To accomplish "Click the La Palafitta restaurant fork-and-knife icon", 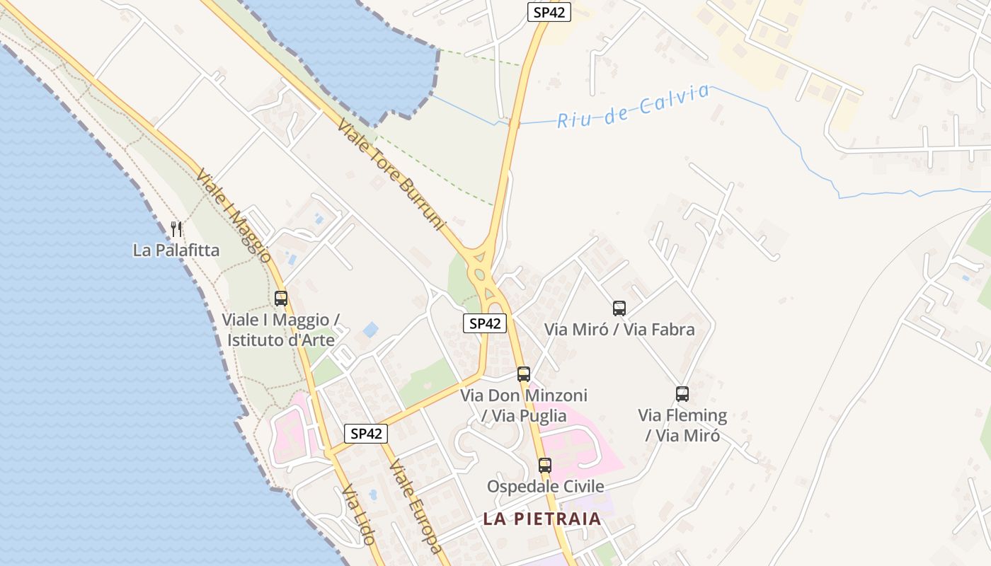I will pos(176,229).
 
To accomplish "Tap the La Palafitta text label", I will pos(176,250).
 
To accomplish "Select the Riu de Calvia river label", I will pos(633,106).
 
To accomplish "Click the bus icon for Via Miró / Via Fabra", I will pos(619,308).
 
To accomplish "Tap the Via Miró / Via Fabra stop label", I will pos(619,330).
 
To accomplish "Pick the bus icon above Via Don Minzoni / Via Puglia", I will pos(524,374).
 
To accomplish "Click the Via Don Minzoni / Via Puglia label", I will pos(524,405).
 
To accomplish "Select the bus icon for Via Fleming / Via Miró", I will pos(682,394).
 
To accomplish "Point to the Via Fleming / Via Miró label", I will pos(682,425).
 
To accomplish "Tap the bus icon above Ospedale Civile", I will pos(545,465).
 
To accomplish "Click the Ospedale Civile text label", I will pos(545,487).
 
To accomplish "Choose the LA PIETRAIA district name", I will pos(542,519).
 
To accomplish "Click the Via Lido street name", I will pos(357,514).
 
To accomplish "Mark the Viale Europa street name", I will pos(416,507).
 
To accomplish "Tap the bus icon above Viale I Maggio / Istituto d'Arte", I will pos(281,299).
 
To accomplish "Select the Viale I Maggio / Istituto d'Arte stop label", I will pos(281,330).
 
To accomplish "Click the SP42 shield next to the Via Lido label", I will pos(367,434).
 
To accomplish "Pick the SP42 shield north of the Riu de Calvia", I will pos(549,13).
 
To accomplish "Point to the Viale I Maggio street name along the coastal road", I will pos(234,216).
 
